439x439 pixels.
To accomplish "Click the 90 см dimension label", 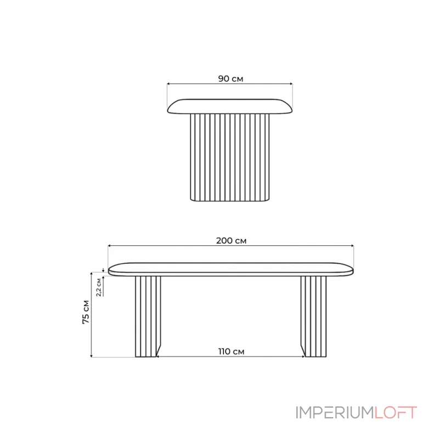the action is [230, 78].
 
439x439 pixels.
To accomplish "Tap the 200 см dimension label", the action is [231, 241].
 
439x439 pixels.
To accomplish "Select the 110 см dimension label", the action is [231, 351].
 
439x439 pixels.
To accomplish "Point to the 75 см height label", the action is [86, 312].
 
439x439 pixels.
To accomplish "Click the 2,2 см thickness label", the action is [99, 287].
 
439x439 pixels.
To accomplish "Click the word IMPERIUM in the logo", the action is [335, 413].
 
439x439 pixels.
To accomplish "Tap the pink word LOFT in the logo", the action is [396, 413].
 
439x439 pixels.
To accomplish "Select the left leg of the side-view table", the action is [148, 317].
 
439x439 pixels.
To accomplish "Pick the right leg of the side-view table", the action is [313, 317].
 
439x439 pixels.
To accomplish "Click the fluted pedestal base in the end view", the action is [229, 157].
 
